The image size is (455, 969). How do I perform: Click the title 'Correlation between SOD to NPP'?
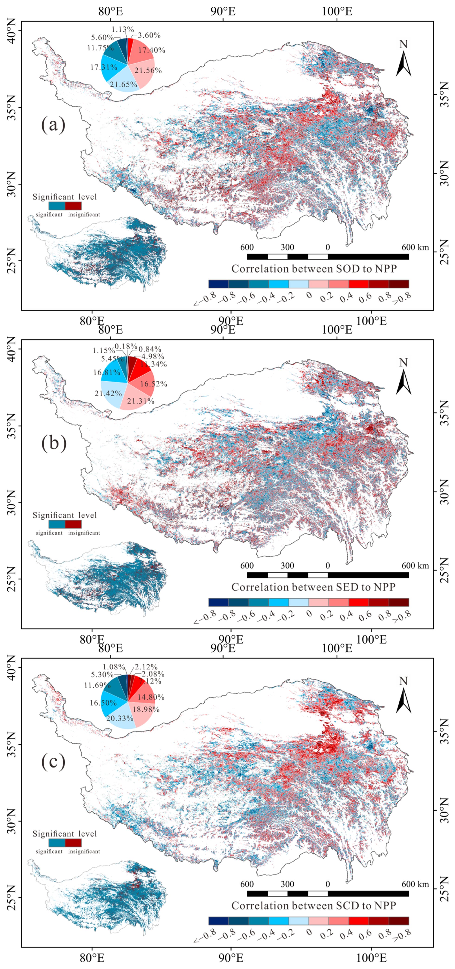pos(314,269)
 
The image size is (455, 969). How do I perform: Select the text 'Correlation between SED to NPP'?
pos(313,587)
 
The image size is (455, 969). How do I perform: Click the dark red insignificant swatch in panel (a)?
pos(73,206)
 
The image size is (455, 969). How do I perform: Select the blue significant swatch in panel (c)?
pos(57,843)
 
